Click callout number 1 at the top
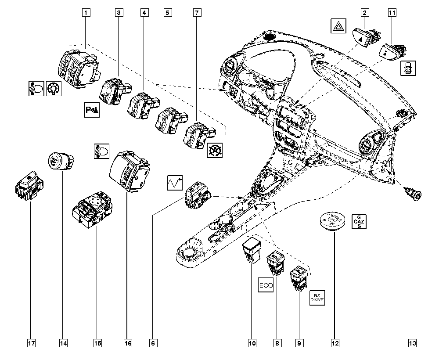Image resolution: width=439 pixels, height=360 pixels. point(86,13)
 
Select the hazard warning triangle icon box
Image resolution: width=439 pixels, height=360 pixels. point(338,26)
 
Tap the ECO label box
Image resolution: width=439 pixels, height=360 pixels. point(266,285)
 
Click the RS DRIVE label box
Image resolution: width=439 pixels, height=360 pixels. point(317,298)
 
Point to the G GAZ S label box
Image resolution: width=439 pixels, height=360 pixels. point(359,222)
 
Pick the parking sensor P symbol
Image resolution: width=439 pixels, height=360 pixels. point(92,110)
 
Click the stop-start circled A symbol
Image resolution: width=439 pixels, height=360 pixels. point(215,150)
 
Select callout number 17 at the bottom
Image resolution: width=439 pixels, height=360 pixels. point(31,343)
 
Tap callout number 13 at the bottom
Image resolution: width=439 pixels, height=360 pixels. point(412,343)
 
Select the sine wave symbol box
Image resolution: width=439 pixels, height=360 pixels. point(175,183)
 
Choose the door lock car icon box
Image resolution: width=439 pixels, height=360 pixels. point(408,68)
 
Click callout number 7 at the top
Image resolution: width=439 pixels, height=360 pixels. point(197,13)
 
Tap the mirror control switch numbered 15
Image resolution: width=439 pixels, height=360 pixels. point(93,209)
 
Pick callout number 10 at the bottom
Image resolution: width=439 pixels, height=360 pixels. point(252,343)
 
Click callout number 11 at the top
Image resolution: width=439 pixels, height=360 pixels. point(392,13)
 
